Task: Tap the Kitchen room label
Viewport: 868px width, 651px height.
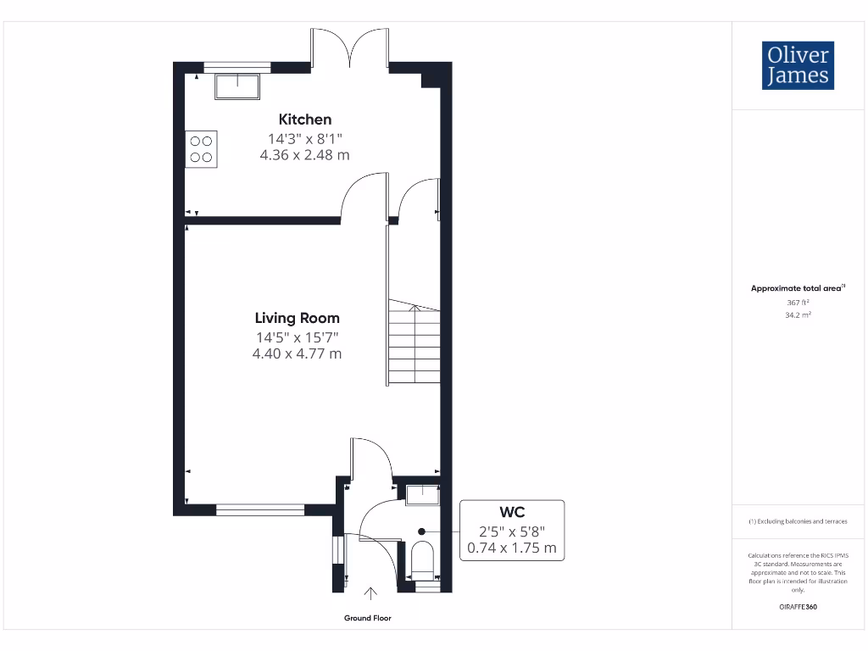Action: [305, 120]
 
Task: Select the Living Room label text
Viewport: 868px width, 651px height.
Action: [297, 318]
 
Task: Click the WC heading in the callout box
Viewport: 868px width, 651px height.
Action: [512, 512]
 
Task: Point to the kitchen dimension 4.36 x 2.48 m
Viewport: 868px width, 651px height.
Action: [304, 155]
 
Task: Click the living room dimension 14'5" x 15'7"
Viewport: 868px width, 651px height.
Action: [298, 337]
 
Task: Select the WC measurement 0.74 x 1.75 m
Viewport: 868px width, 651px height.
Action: [512, 548]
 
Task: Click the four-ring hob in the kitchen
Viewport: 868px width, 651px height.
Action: [202, 148]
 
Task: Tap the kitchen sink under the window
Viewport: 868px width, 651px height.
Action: [237, 86]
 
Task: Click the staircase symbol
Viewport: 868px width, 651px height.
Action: [415, 343]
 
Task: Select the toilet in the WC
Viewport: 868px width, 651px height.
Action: [421, 559]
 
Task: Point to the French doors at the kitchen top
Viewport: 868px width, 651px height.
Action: [350, 47]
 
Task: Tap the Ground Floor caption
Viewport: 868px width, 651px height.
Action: [368, 618]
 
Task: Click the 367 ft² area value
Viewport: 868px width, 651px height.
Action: [798, 302]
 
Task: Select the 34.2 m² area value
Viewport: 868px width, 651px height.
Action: [798, 314]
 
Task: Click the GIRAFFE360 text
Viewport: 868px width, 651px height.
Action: [798, 607]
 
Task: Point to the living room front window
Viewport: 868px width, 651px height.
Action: [259, 509]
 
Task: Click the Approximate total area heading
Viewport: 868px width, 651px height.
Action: [798, 288]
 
